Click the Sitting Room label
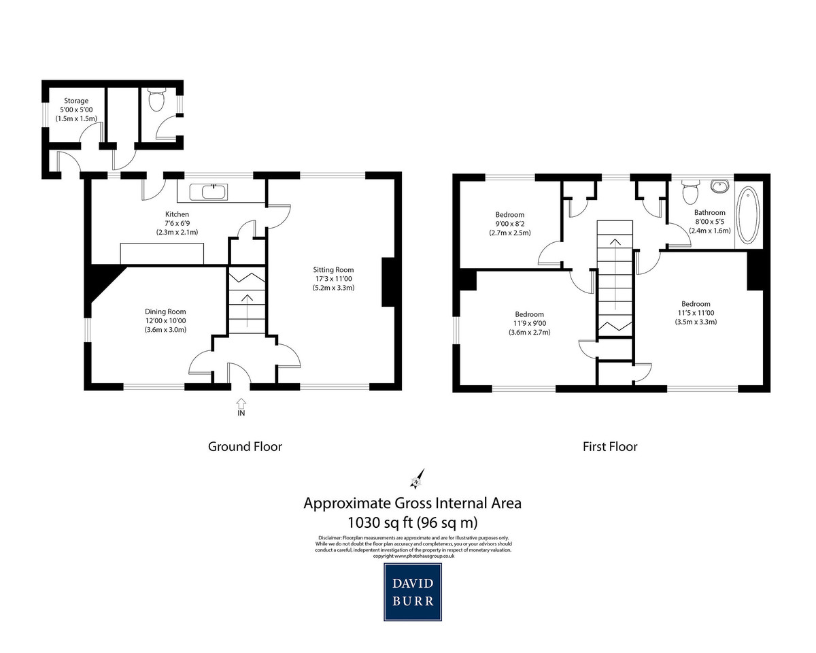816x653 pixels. (x=329, y=269)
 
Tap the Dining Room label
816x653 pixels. (x=165, y=312)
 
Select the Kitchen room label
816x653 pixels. (x=177, y=214)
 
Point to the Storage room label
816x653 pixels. (x=76, y=101)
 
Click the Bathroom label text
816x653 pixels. (x=709, y=212)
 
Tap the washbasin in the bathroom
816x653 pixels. (x=719, y=186)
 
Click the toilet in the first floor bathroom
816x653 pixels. (x=690, y=191)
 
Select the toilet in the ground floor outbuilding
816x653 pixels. (x=156, y=100)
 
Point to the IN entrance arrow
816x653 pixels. (x=241, y=403)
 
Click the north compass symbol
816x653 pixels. (x=417, y=480)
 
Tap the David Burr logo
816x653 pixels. (x=413, y=592)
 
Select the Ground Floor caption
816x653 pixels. (x=245, y=447)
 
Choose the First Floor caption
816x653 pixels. (x=610, y=447)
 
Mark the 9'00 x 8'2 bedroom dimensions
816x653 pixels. (x=510, y=224)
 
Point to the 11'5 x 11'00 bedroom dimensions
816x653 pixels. (x=696, y=313)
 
